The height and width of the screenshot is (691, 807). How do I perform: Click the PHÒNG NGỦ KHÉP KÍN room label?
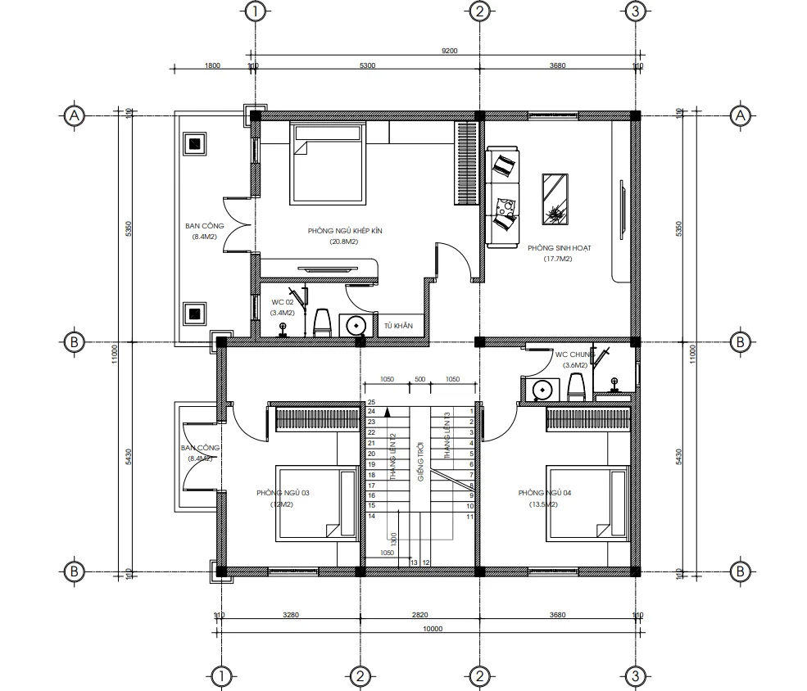pyautogui.click(x=345, y=231)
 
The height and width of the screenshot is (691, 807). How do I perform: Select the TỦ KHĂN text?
pyautogui.click(x=398, y=326)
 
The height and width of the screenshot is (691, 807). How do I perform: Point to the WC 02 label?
pyautogui.click(x=283, y=302)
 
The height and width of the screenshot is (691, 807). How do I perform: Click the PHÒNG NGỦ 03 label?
pyautogui.click(x=282, y=493)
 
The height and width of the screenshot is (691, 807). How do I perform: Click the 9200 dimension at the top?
pyautogui.click(x=449, y=50)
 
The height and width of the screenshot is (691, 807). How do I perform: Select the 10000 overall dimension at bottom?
pyautogui.click(x=431, y=629)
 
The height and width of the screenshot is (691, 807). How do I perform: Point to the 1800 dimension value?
pyautogui.click(x=213, y=66)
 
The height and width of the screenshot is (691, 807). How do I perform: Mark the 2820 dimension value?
pyautogui.click(x=419, y=615)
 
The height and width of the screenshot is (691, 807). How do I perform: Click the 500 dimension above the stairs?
pyautogui.click(x=419, y=380)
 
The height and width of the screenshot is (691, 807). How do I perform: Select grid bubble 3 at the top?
pyautogui.click(x=633, y=11)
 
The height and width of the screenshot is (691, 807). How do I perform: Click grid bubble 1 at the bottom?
pyautogui.click(x=220, y=675)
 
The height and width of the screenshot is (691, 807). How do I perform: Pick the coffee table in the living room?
pyautogui.click(x=557, y=198)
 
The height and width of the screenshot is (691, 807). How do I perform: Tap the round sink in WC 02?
pyautogui.click(x=356, y=325)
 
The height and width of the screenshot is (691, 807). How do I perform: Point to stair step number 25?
pyautogui.click(x=371, y=402)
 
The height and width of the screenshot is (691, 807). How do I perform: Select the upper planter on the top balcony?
pyautogui.click(x=194, y=145)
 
